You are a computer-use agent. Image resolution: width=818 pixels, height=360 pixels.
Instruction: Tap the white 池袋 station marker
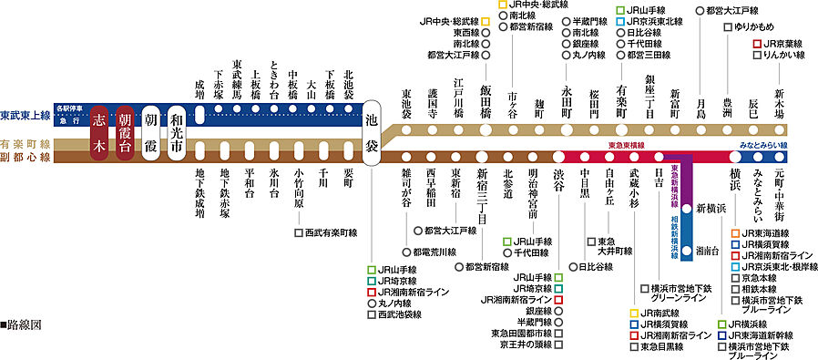(372, 132)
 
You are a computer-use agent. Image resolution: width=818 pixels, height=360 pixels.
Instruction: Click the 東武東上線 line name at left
(26, 115)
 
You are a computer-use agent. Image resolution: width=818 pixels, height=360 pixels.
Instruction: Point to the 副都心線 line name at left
(26, 157)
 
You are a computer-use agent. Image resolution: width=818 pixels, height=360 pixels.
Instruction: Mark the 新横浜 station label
(711, 209)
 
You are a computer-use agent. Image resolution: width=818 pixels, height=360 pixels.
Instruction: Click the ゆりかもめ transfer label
(758, 27)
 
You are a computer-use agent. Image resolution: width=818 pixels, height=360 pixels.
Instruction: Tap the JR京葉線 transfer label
(781, 43)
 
